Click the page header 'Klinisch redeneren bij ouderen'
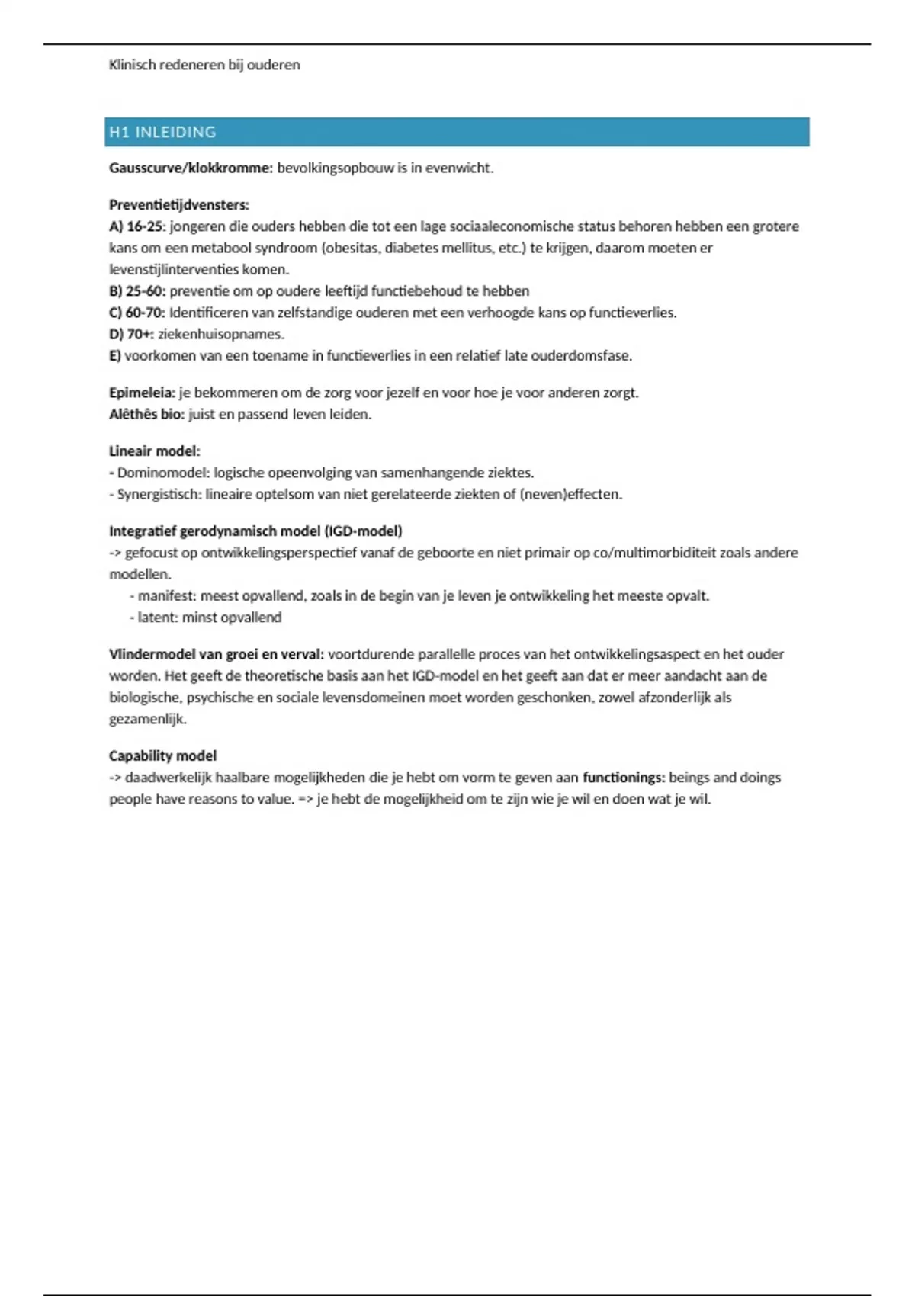click(204, 65)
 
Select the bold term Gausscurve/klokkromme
click(191, 168)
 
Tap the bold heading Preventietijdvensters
click(179, 205)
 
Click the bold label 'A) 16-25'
click(136, 226)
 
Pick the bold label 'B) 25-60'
click(137, 291)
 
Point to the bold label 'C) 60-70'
click(137, 313)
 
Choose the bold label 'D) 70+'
click(131, 334)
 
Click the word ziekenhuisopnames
click(220, 334)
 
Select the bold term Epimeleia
click(142, 393)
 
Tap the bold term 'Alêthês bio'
click(146, 415)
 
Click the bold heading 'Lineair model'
click(154, 451)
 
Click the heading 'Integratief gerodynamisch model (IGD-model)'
click(255, 531)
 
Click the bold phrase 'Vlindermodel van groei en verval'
click(217, 654)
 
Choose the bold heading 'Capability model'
click(162, 755)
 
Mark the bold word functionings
click(624, 778)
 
